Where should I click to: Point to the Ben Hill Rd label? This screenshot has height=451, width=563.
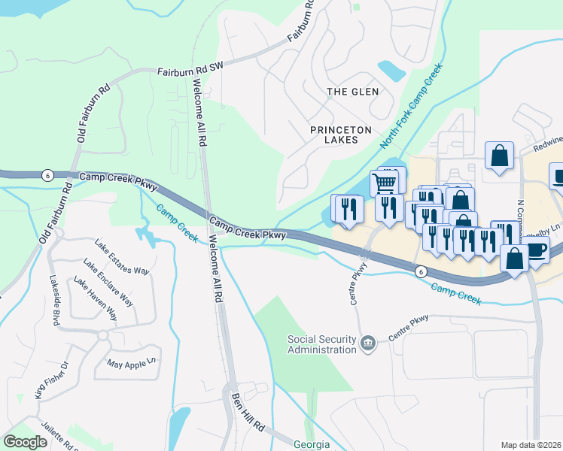pyautogui.click(x=249, y=412)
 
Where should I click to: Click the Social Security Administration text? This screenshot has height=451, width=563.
pyautogui.click(x=321, y=344)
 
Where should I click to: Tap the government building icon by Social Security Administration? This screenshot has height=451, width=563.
pyautogui.click(x=367, y=344)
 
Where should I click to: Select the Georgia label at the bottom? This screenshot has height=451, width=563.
pyautogui.click(x=311, y=444)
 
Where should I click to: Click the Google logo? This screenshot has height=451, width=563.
pyautogui.click(x=25, y=442)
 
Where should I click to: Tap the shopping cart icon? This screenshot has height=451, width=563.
pyautogui.click(x=385, y=183)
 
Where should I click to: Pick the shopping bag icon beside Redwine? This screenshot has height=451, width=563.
pyautogui.click(x=498, y=156)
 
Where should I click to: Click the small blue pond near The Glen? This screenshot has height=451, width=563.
pyautogui.click(x=391, y=71)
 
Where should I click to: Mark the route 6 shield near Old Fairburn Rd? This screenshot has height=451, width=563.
pyautogui.click(x=47, y=174)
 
